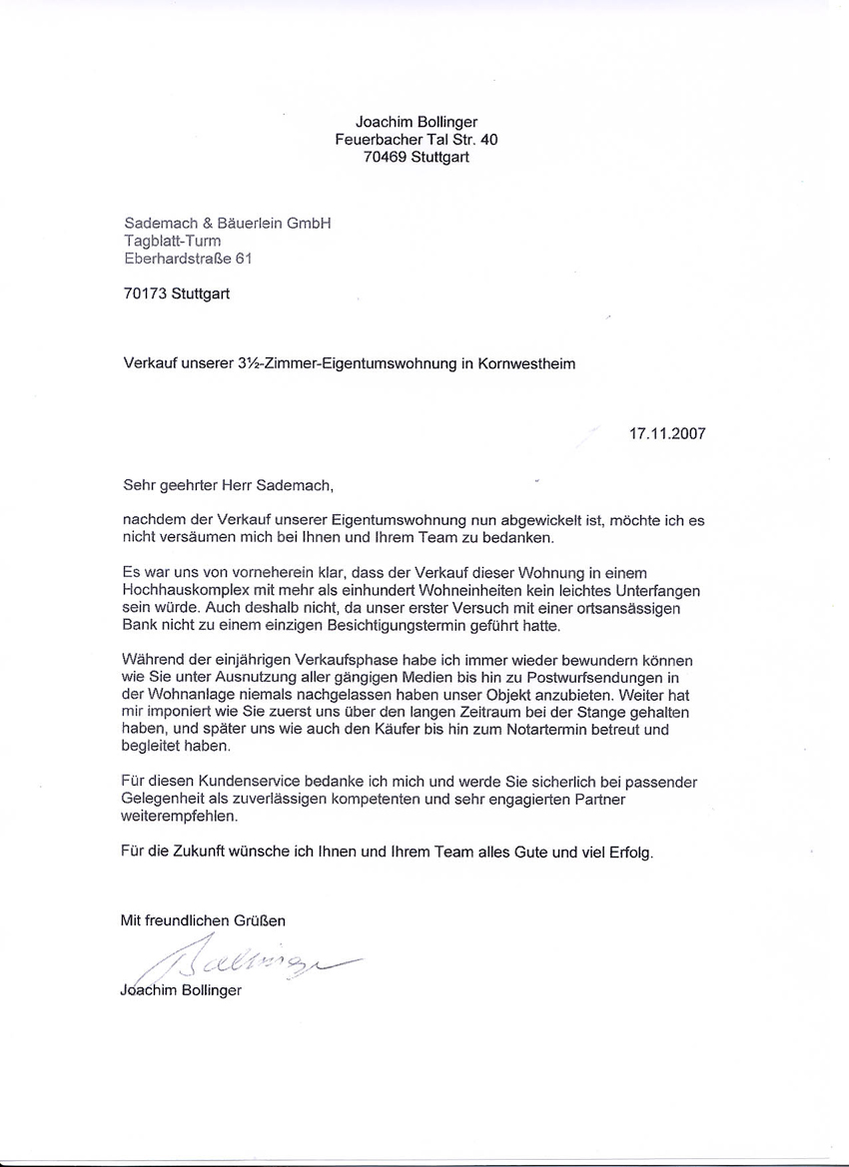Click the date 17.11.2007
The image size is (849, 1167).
coord(667,434)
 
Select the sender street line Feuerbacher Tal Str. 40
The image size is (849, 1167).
coord(416,140)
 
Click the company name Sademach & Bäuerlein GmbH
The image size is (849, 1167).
coord(226,224)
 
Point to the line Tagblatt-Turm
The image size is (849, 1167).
coord(172,241)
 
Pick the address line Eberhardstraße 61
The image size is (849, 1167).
coord(188,259)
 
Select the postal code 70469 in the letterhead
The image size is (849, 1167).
coord(385,157)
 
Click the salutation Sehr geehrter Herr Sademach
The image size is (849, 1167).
coord(226,486)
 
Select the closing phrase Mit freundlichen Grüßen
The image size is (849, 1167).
coord(203,919)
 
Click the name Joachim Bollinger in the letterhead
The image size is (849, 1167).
coord(417,123)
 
